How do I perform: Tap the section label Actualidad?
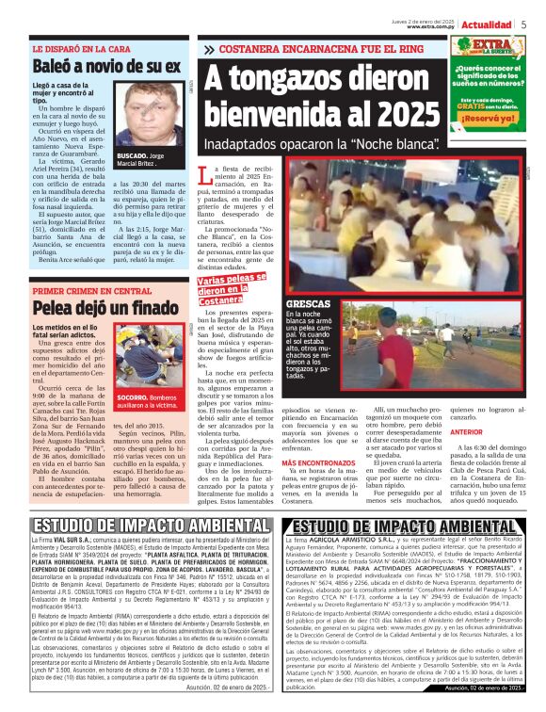click(490, 24)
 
